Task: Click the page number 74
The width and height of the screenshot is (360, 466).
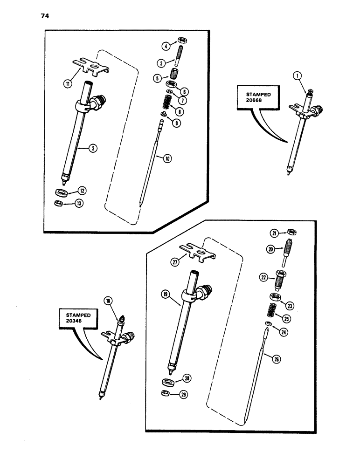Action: pyautogui.click(x=45, y=16)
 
